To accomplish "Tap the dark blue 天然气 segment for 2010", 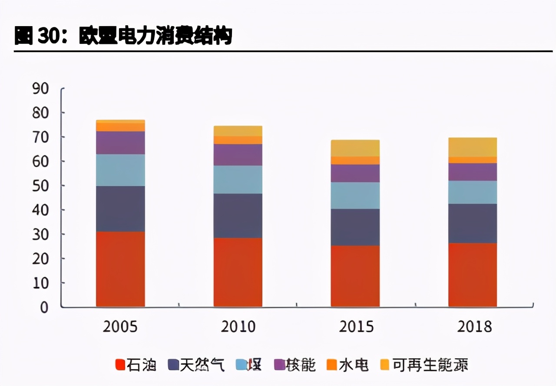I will coord(238,216).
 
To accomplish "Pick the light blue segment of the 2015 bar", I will coord(355,195).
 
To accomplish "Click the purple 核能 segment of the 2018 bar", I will coord(473,172).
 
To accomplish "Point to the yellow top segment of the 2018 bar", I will coord(473,147).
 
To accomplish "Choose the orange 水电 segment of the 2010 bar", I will coord(238,140).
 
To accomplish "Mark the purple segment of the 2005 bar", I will coord(120,143).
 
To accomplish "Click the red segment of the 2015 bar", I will coord(355,276).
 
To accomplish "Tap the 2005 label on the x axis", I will coord(120,327).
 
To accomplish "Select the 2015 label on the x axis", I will coord(356,327).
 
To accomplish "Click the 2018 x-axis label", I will coord(474,327).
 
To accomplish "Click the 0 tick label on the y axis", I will coord(44,307).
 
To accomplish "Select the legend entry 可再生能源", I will coord(424,365).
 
